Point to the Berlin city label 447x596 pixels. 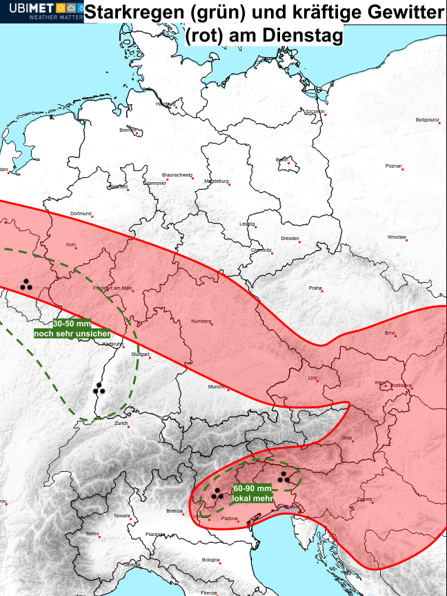(x=281, y=160)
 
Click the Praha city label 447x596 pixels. (x=315, y=288)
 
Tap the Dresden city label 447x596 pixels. (x=290, y=238)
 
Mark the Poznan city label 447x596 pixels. (x=394, y=166)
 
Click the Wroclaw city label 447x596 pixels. (x=397, y=237)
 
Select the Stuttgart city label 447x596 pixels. (x=140, y=354)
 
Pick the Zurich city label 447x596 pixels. (x=121, y=423)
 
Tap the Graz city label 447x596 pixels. (x=347, y=438)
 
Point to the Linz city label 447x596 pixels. (x=313, y=378)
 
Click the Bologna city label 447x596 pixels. (x=210, y=559)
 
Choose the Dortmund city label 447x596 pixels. (x=81, y=214)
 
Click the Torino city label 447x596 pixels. (x=92, y=534)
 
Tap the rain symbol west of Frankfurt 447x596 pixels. (x=27, y=284)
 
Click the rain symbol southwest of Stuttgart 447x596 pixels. (x=100, y=390)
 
